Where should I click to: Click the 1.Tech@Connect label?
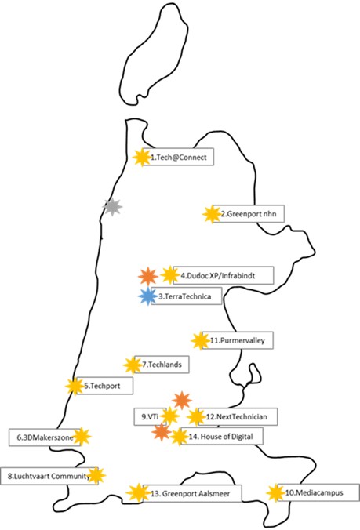click(178, 157)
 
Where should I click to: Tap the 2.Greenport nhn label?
click(249, 213)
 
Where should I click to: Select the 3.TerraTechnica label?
click(186, 296)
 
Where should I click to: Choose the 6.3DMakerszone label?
click(45, 437)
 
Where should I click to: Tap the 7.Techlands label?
click(162, 365)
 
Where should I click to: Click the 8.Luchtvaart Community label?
click(49, 476)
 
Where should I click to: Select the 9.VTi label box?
click(150, 416)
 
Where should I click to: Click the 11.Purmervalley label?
click(238, 340)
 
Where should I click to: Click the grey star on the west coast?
click(112, 207)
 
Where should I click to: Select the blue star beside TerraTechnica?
click(148, 296)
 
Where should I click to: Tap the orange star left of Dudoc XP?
click(148, 276)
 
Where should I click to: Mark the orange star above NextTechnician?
click(182, 401)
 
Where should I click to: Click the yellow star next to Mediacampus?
click(275, 493)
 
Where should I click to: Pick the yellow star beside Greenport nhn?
click(212, 214)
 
